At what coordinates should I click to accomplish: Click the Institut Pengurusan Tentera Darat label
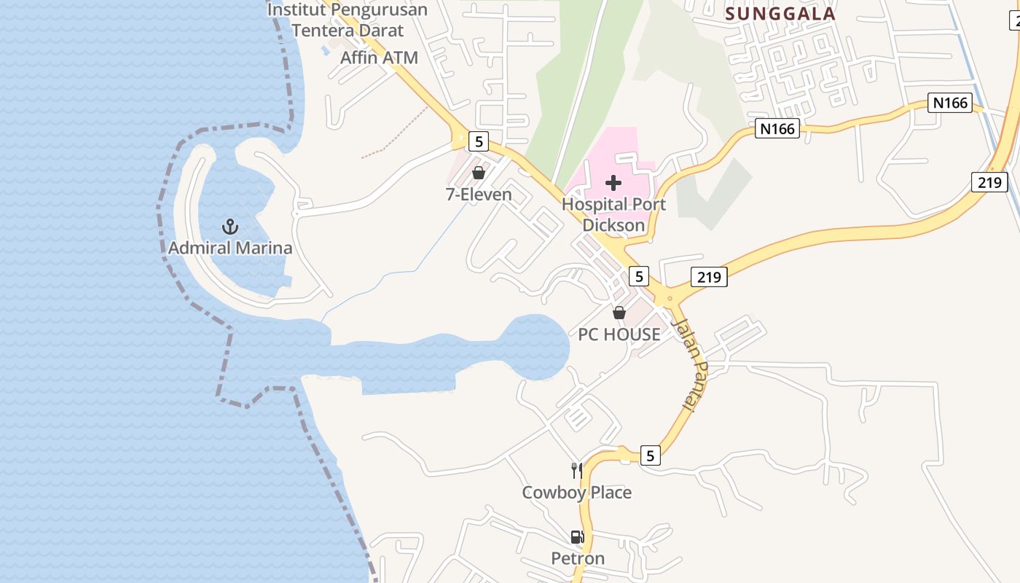pos(348,20)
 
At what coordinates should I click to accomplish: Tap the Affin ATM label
pos(379,58)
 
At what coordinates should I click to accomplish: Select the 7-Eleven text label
pos(479,195)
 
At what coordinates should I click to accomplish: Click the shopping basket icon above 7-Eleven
pos(479,173)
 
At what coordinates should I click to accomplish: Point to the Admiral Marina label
pos(230,248)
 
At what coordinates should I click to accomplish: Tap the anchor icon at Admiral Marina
pos(230,226)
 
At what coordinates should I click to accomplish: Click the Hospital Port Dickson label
pos(613,214)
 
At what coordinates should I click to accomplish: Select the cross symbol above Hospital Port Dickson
pos(613,182)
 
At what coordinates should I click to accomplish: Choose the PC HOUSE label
pos(619,334)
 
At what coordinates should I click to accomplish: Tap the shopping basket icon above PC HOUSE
pos(619,313)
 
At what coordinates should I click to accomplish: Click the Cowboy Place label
pos(576,493)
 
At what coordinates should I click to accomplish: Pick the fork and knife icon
pos(577,471)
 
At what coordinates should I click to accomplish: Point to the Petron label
pos(578,558)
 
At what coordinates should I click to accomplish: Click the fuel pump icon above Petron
pos(577,537)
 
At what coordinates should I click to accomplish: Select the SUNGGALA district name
pos(780,13)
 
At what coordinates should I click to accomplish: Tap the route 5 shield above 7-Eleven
pos(478,141)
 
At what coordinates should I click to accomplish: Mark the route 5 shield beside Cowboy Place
pos(651,456)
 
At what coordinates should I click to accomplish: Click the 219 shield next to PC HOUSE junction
pos(708,277)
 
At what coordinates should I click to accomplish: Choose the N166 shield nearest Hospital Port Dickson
pos(777,129)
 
